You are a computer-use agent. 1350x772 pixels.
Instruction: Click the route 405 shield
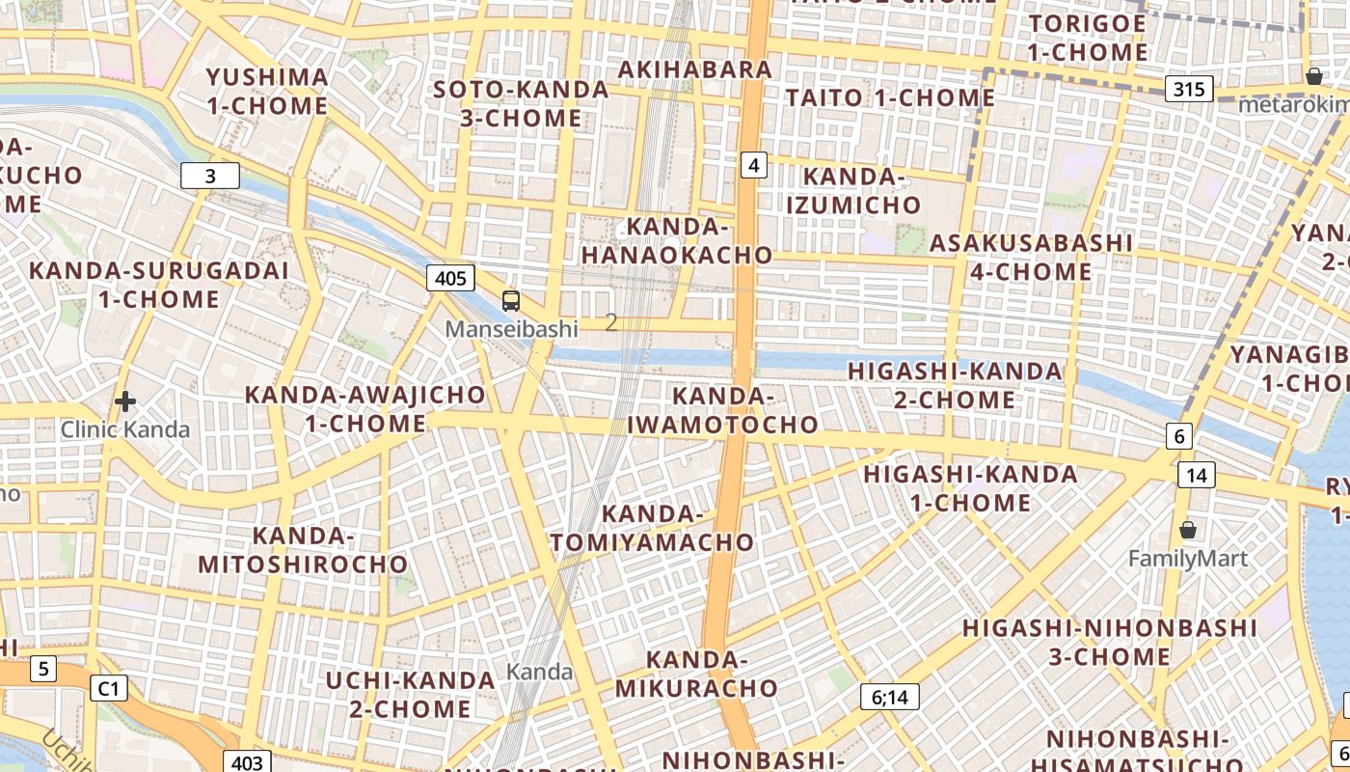click(450, 279)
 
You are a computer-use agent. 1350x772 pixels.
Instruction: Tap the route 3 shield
click(210, 176)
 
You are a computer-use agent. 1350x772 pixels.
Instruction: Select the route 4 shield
click(754, 166)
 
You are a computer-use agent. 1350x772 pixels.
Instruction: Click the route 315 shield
click(1189, 90)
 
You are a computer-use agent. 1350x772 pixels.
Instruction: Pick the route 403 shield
click(247, 762)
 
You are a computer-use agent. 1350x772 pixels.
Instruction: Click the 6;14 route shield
click(890, 697)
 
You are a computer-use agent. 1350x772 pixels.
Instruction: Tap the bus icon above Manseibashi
click(511, 301)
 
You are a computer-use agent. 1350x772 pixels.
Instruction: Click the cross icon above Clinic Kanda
click(124, 401)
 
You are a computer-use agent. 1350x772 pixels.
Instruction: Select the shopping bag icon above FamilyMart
click(1188, 530)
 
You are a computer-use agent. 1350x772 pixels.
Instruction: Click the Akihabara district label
click(694, 69)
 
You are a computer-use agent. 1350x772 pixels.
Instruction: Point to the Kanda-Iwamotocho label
click(723, 410)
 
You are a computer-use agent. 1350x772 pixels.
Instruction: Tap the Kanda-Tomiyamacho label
click(652, 528)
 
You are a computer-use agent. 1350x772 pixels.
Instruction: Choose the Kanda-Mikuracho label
click(696, 674)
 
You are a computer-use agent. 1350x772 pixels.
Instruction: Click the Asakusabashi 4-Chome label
click(1031, 257)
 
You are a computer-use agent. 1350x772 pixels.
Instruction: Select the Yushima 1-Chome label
click(267, 91)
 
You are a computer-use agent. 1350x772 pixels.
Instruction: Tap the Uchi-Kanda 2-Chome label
click(410, 694)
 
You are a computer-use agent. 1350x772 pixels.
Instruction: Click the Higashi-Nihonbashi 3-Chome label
click(1110, 643)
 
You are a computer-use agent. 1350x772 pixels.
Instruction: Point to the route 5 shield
click(43, 668)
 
